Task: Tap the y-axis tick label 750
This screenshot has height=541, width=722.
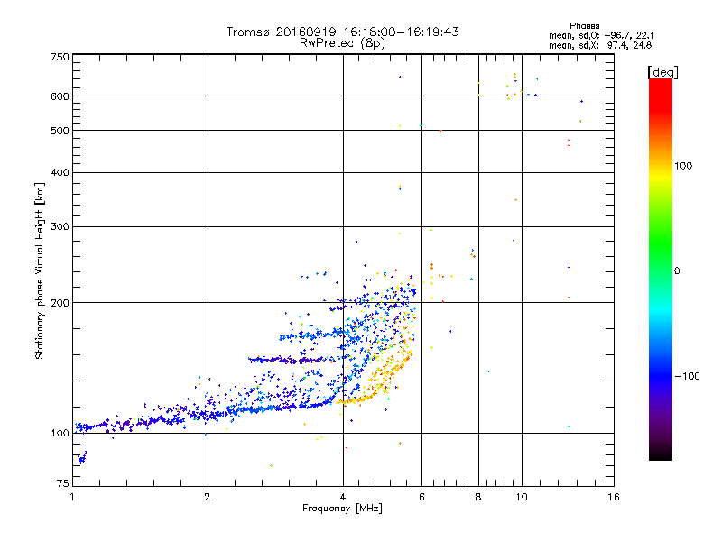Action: [x=60, y=57]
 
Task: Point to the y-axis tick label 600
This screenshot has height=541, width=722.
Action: [x=60, y=96]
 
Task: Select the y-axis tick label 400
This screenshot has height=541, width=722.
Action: [x=60, y=172]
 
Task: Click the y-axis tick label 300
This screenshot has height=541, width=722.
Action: [x=60, y=226]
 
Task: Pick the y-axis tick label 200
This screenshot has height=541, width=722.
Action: [x=60, y=303]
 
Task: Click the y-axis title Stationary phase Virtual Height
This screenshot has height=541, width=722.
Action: [x=40, y=270]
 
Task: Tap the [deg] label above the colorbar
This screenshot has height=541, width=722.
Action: [x=662, y=71]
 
